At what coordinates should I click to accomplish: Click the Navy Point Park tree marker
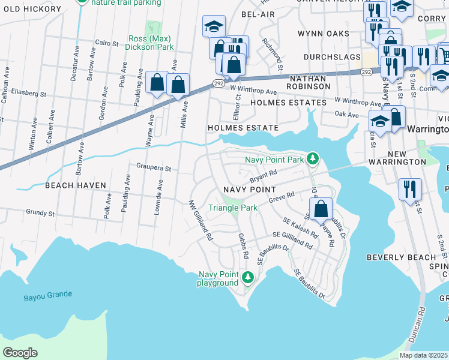[x=312, y=159]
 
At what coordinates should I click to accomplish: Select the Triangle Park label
[x=232, y=208]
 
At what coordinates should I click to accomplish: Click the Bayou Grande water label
[x=48, y=295]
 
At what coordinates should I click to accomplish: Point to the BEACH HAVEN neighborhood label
[x=76, y=186]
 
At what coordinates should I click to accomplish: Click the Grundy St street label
[x=40, y=212]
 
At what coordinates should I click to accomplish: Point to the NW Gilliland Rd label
[x=201, y=221]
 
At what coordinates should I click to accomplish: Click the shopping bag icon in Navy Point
[x=322, y=209]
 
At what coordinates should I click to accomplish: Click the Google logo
[x=20, y=352]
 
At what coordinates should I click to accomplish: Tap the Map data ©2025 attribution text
[x=423, y=355]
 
